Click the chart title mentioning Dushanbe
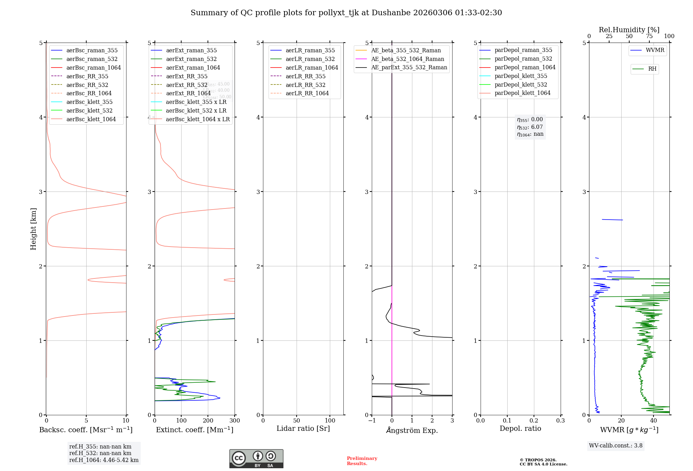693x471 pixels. click(x=346, y=13)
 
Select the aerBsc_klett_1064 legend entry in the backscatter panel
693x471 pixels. click(x=91, y=119)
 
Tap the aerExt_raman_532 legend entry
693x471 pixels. click(x=191, y=59)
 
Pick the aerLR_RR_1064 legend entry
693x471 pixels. click(x=307, y=93)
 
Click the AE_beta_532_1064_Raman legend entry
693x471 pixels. click(x=407, y=59)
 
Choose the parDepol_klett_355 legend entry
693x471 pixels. click(x=521, y=76)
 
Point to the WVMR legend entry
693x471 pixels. click(x=655, y=50)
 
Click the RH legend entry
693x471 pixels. click(x=652, y=69)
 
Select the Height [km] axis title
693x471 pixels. click(x=33, y=229)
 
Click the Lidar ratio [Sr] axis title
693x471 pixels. click(x=303, y=428)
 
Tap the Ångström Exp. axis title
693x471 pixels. click(x=412, y=430)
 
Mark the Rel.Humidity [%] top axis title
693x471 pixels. click(x=629, y=30)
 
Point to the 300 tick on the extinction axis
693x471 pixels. click(x=235, y=420)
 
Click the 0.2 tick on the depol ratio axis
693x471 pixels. click(x=534, y=420)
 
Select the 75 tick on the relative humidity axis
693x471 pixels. click(x=649, y=36)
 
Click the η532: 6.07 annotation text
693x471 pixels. click(x=530, y=127)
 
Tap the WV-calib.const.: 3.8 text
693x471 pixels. click(x=616, y=445)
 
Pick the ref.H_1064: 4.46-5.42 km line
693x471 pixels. click(x=104, y=460)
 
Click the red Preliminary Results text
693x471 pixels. click(x=362, y=461)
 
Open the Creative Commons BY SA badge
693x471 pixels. click(x=256, y=459)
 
